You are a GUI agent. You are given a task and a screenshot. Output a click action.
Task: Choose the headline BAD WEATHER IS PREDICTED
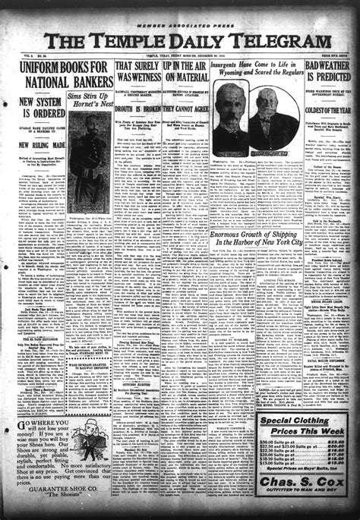(327, 74)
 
